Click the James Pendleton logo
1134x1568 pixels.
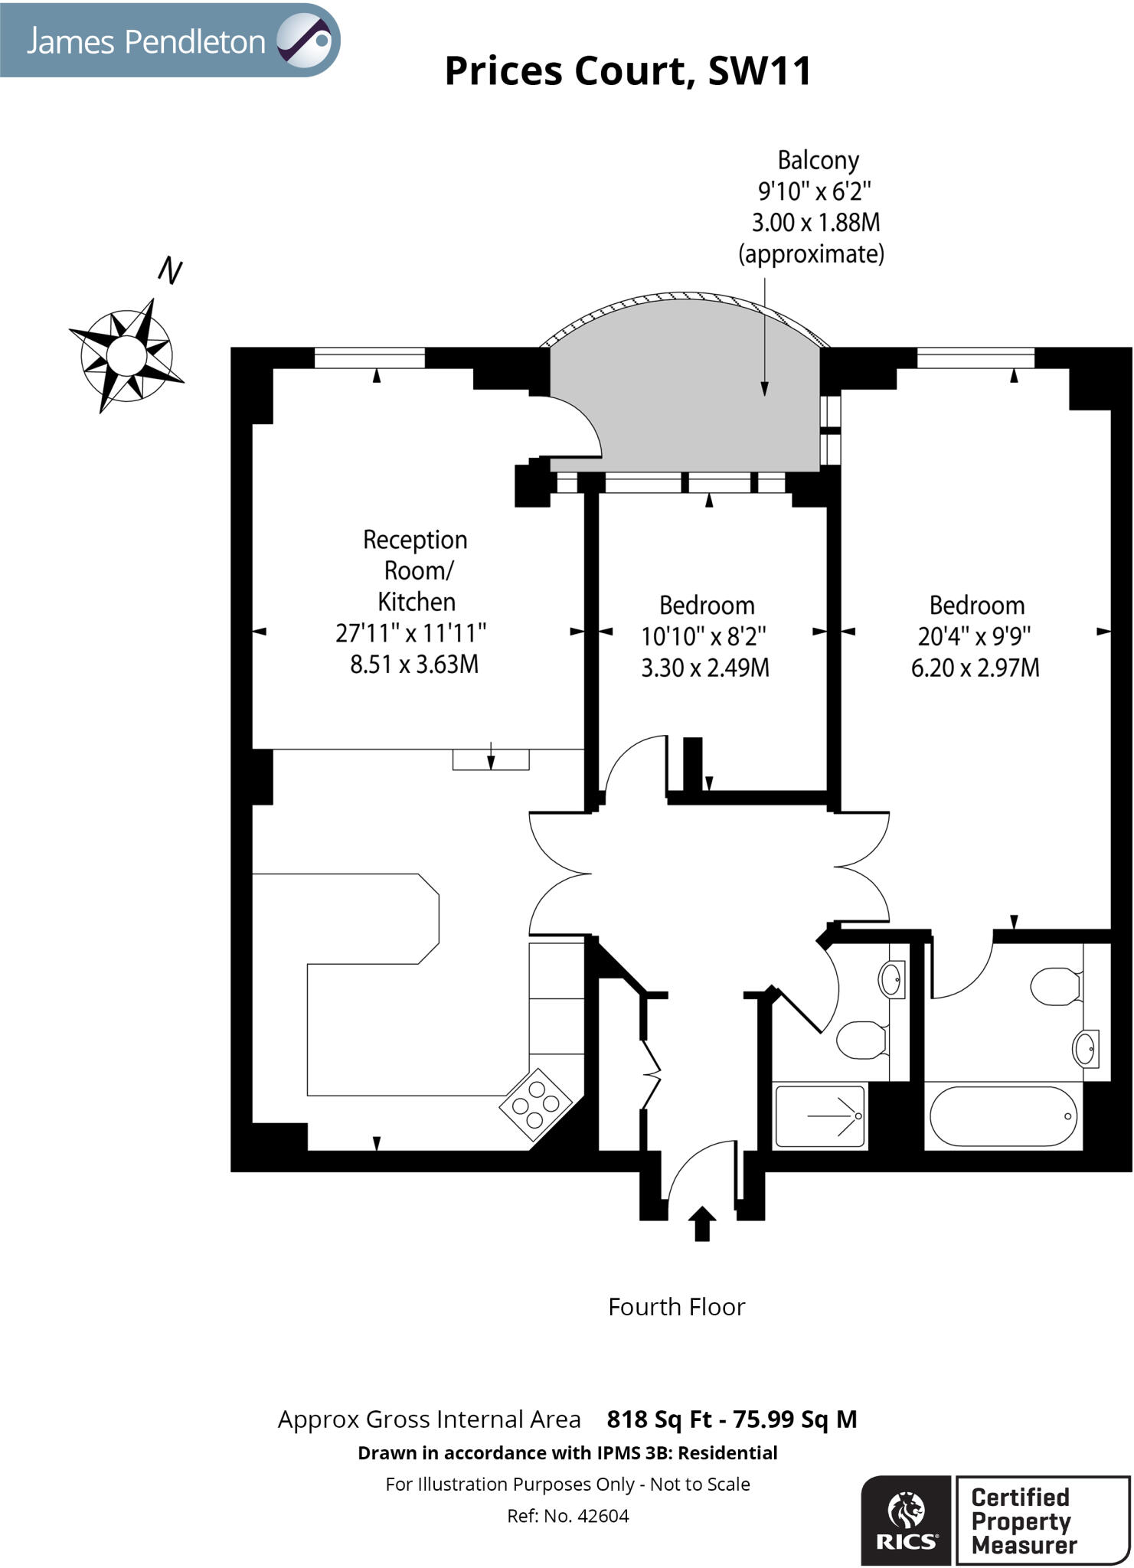[170, 40]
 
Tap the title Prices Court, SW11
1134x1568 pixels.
[628, 71]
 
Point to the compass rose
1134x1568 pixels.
[127, 355]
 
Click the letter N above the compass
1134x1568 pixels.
[170, 271]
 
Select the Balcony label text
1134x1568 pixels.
[818, 160]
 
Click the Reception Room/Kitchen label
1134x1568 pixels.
[415, 570]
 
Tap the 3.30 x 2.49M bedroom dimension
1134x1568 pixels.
[705, 668]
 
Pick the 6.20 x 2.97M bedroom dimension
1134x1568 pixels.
[976, 668]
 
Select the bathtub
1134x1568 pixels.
[1003, 1116]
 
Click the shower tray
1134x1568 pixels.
[820, 1116]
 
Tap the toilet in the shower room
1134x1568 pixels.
[862, 1040]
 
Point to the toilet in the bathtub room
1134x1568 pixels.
[1056, 987]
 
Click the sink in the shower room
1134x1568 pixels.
[891, 979]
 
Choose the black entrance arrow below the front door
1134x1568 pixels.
[702, 1223]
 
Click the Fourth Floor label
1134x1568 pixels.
[676, 1307]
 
